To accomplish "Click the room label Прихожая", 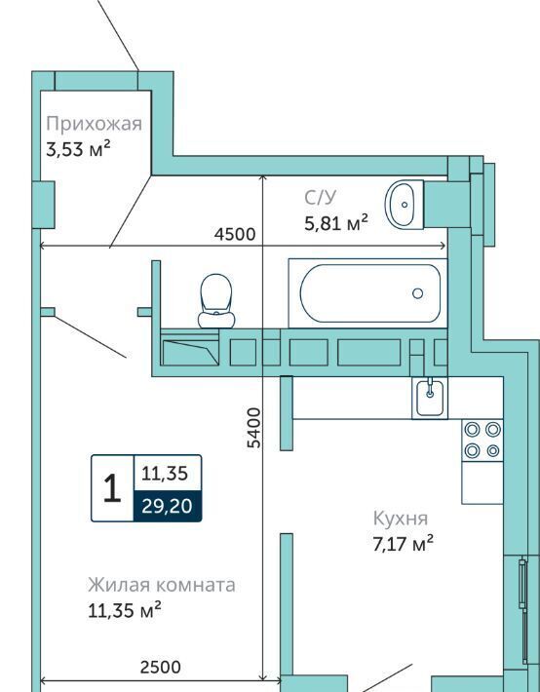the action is [94, 125].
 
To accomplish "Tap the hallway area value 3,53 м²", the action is [78, 149].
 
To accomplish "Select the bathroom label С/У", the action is [320, 197].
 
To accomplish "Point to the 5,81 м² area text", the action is [336, 222].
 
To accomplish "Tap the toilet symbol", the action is [216, 301].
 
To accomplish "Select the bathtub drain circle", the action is [417, 293].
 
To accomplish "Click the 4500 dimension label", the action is [235, 234].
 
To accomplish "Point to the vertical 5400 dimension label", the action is [253, 428].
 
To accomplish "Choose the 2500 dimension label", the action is [160, 667].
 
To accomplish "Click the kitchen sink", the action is [430, 398].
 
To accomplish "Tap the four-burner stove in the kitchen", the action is [482, 440].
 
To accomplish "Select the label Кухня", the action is [401, 519].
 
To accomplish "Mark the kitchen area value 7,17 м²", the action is [404, 543].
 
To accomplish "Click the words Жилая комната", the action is [162, 585].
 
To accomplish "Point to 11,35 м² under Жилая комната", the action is [124, 610].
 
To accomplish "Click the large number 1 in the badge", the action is [112, 488].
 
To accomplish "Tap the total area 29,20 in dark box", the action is [167, 506].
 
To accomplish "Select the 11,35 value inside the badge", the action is [165, 474].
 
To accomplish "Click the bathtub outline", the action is [370, 265].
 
